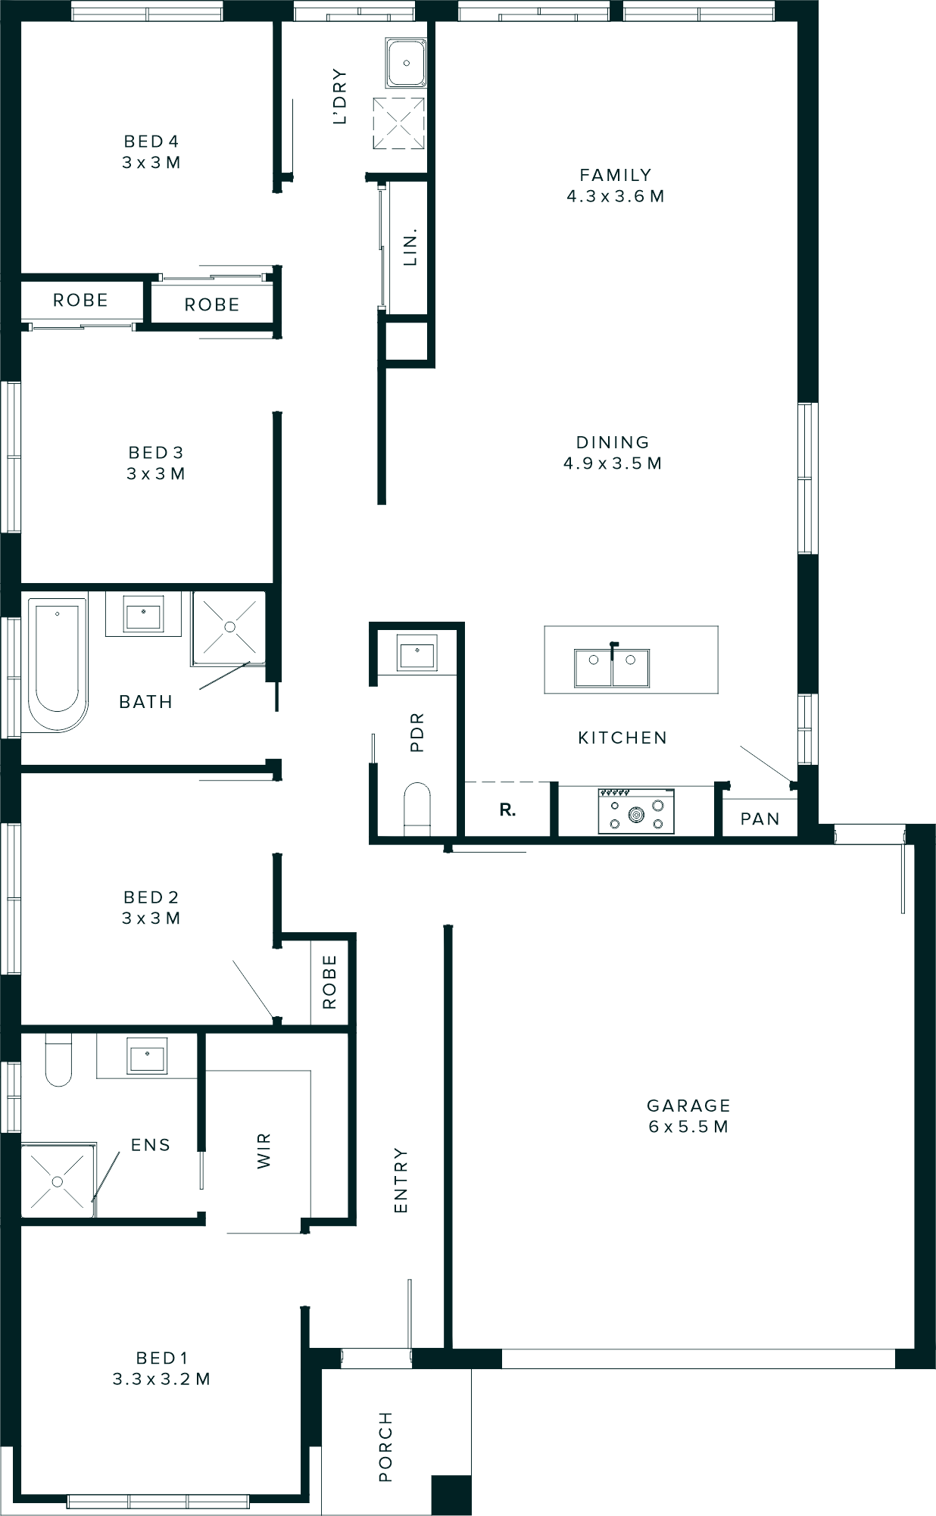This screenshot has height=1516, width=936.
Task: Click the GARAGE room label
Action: coord(688,1106)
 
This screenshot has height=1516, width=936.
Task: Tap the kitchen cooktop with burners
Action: coord(636,811)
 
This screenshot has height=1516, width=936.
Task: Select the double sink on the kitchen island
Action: coord(612,667)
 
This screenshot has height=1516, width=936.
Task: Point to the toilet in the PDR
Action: coord(417,807)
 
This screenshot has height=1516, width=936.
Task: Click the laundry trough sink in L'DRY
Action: coord(407,63)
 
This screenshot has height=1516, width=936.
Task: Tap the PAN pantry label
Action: coord(760,819)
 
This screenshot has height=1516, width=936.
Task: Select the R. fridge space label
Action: coord(507,810)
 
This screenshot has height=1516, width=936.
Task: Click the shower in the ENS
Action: coord(58,1181)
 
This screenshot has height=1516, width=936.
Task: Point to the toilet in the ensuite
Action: coord(58,1059)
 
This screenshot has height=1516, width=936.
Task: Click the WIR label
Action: coord(264,1151)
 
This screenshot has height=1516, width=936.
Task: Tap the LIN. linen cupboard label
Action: coord(410,247)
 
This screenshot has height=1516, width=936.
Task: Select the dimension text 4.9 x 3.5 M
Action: coord(612,463)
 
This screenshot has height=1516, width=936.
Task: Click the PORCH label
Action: coord(385,1436)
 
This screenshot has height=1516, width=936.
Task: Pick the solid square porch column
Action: coord(451,1495)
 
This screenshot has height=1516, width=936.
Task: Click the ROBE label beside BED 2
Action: coord(329,982)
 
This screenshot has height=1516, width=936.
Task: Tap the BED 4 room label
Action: coord(151,142)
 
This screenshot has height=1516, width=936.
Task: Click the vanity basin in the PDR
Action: coord(417,652)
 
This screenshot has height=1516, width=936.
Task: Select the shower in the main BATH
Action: coord(229,628)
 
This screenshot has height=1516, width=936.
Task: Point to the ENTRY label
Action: coord(401,1181)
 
